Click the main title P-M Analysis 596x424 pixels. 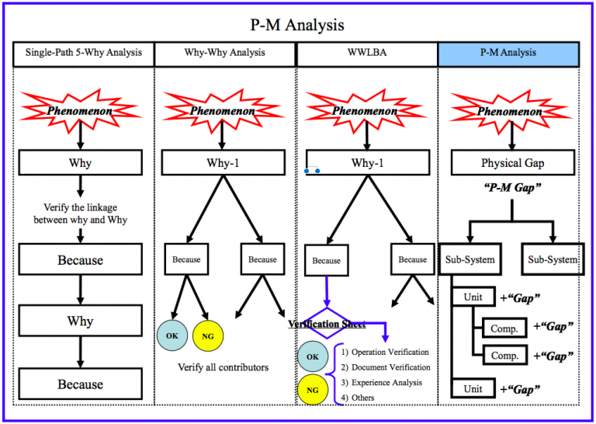(298, 25)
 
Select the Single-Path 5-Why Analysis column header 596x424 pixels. (83, 54)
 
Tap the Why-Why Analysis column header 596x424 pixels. (224, 54)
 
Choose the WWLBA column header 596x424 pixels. (366, 54)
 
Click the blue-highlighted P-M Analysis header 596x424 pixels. (508, 54)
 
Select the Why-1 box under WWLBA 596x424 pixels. (367, 164)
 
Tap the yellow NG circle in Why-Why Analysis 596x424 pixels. (209, 335)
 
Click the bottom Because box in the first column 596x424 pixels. (81, 384)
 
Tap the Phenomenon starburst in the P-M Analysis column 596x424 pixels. (508, 110)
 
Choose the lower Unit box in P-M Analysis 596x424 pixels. (473, 389)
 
